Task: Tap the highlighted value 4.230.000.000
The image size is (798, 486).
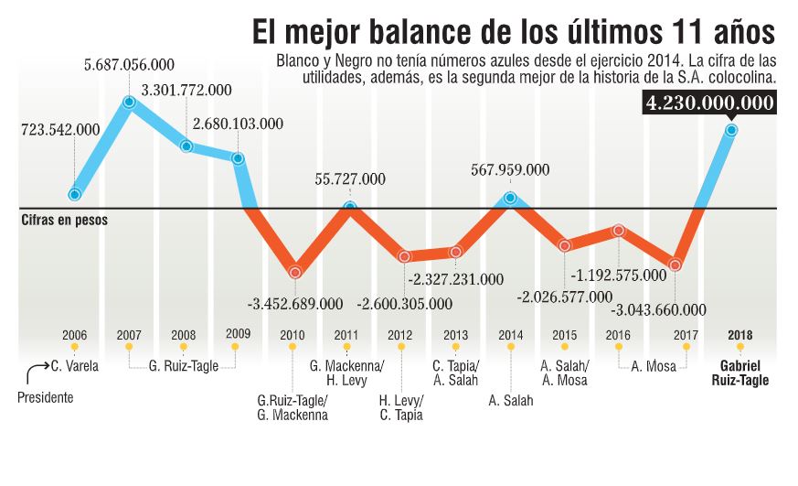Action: click(x=709, y=102)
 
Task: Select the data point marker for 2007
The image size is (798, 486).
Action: click(x=130, y=103)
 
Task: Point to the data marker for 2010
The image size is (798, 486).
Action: click(x=294, y=272)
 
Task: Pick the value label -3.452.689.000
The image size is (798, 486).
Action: click(x=295, y=303)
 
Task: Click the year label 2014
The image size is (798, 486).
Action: click(x=511, y=334)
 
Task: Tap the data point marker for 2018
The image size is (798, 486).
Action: click(x=731, y=130)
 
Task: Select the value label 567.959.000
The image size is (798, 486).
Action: click(x=509, y=169)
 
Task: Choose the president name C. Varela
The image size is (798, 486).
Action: click(x=75, y=367)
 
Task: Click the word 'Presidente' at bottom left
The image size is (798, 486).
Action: click(x=46, y=398)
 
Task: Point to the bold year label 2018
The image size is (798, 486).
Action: click(x=740, y=334)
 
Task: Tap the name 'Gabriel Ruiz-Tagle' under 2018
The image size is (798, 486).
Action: click(x=740, y=374)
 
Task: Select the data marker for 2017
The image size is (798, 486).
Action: click(x=675, y=265)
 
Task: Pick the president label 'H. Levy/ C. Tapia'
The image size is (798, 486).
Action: click(x=401, y=406)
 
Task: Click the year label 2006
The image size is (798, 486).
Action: click(x=74, y=334)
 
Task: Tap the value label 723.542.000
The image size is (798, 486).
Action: click(x=60, y=130)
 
